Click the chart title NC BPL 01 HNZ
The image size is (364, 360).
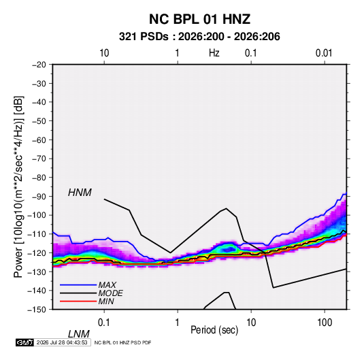[199, 19]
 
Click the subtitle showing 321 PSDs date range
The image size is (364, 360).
[199, 37]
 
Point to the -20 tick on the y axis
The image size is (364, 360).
[39, 65]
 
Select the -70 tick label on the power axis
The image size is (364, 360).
[39, 159]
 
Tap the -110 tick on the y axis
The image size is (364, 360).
[37, 234]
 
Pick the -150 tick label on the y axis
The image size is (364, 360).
[37, 310]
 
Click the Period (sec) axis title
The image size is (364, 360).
[214, 330]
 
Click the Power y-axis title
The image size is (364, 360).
[18, 187]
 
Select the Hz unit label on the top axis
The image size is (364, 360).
[214, 53]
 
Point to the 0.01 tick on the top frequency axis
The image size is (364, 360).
[324, 53]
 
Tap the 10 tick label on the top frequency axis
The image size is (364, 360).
[104, 53]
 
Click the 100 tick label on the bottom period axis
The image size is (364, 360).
[325, 323]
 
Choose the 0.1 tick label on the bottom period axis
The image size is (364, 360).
[104, 323]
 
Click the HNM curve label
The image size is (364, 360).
[80, 193]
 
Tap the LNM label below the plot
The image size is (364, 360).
[78, 334]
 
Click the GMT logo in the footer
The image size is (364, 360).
[25, 342]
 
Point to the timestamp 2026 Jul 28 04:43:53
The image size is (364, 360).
[62, 342]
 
